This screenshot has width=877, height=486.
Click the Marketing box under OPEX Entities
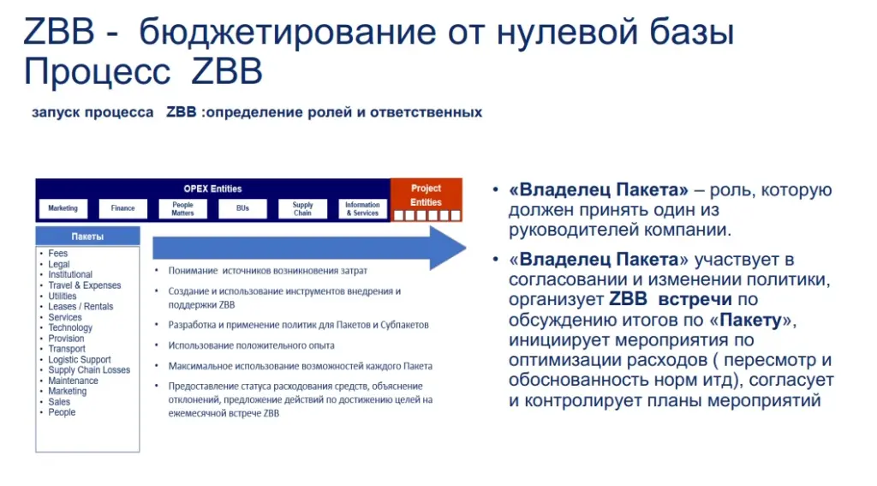click(x=63, y=208)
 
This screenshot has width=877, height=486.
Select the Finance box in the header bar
click(x=123, y=208)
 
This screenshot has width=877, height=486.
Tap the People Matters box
click(x=183, y=208)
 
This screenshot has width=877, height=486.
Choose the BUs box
click(x=242, y=208)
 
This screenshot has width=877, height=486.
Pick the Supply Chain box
click(x=302, y=208)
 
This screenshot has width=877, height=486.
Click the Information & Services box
click(x=362, y=208)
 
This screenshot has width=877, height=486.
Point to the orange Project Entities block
click(x=427, y=200)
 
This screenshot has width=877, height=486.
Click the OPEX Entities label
click(x=212, y=189)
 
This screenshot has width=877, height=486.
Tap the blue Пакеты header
click(x=88, y=237)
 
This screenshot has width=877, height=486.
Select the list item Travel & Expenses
click(x=85, y=285)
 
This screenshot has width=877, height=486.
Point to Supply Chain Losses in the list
click(x=89, y=370)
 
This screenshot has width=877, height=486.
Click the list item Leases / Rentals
click(x=81, y=306)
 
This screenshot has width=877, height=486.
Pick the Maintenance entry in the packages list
click(x=74, y=381)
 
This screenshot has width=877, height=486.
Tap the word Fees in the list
click(x=57, y=253)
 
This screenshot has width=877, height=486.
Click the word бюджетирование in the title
click(x=288, y=33)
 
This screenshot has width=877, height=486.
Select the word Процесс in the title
click(x=97, y=72)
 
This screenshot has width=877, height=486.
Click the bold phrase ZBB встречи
click(x=670, y=299)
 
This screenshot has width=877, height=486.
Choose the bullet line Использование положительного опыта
click(x=251, y=345)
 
